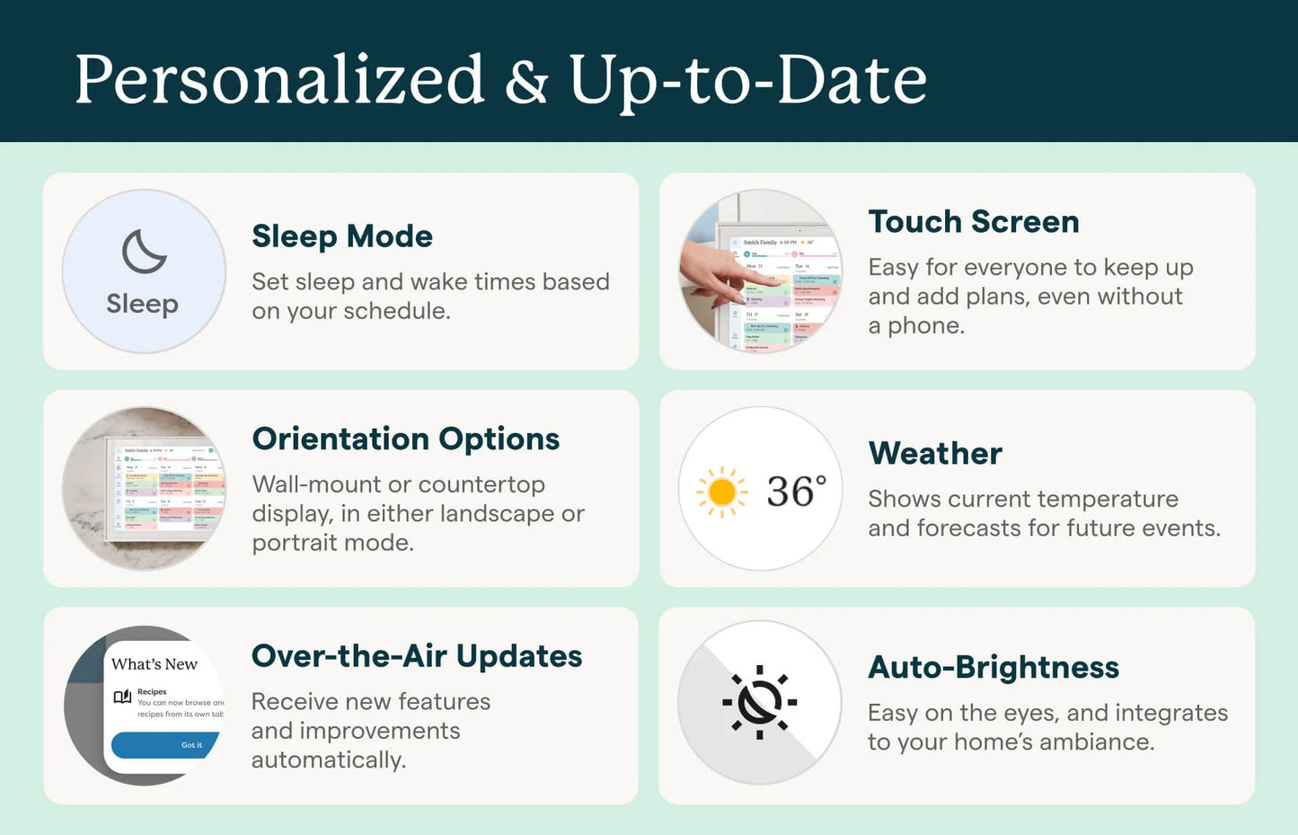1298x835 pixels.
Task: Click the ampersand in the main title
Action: click(x=526, y=81)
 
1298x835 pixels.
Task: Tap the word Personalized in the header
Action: click(x=279, y=81)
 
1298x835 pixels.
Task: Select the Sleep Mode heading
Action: click(x=342, y=236)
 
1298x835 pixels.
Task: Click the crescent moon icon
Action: click(x=144, y=252)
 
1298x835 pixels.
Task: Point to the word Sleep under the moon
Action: click(x=142, y=304)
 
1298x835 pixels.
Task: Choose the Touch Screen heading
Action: click(x=974, y=222)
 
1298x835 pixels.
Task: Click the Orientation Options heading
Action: click(x=406, y=439)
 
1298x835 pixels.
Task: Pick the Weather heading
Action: click(x=935, y=453)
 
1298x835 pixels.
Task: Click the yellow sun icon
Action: click(x=721, y=492)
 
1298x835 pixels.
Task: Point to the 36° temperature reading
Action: click(x=796, y=492)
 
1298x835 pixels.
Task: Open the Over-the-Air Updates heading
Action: click(x=417, y=656)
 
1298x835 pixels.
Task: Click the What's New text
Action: click(x=155, y=664)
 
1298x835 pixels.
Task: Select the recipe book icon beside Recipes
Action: click(x=122, y=697)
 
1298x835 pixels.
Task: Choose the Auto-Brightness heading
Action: click(x=993, y=667)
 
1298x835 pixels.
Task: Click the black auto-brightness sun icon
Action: click(x=759, y=702)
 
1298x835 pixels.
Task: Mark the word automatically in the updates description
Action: click(x=328, y=760)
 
